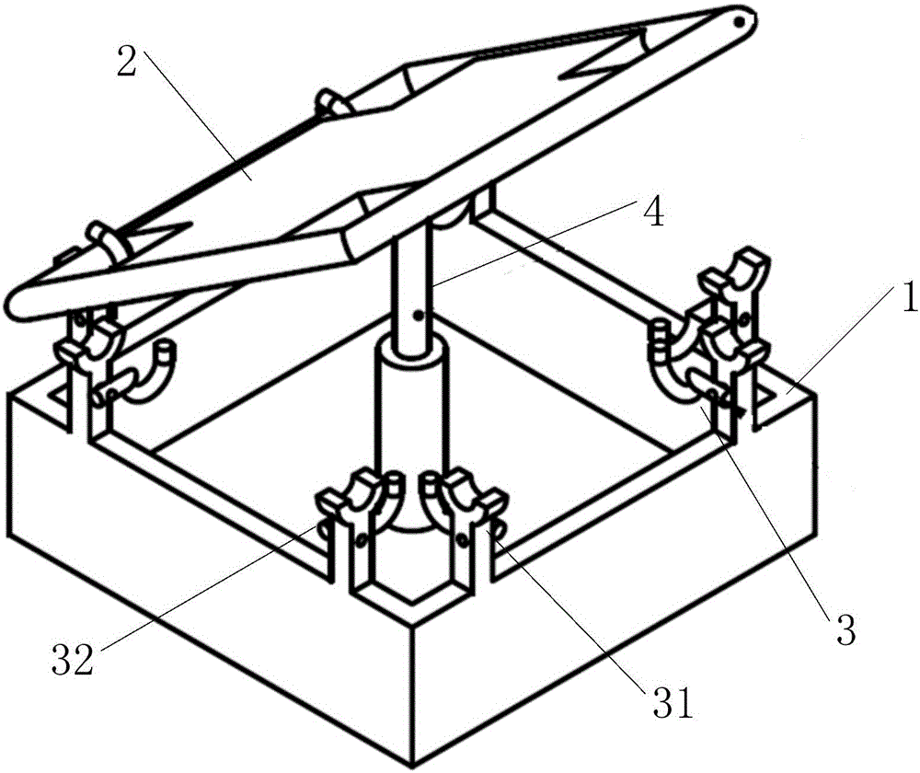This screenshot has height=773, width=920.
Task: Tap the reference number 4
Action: pyautogui.click(x=653, y=213)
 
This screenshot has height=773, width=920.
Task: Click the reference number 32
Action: pyautogui.click(x=73, y=660)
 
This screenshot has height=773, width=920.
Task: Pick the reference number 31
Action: pyautogui.click(x=673, y=703)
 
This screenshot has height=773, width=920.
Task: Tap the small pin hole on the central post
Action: pyautogui.click(x=417, y=316)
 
